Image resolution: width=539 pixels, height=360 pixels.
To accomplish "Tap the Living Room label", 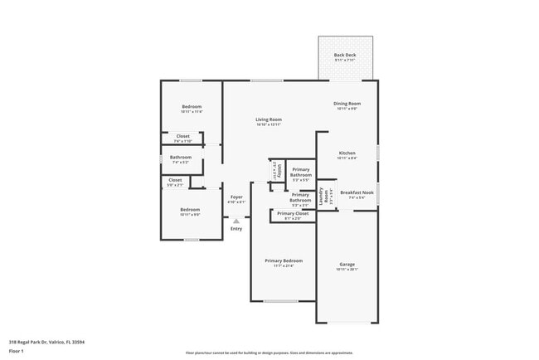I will pos(268,119).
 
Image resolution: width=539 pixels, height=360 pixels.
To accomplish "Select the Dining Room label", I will pos(347,104).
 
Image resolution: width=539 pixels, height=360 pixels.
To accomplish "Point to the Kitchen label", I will pos(347,153).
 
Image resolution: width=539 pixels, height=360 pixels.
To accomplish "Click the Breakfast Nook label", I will pos(357,192).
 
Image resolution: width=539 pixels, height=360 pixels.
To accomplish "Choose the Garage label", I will pos(347,264).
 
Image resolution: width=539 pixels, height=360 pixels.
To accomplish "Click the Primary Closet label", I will pos(293,213).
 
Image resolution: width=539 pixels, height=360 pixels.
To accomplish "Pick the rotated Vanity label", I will pos(278,170).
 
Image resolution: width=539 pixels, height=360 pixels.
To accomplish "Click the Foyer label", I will pos(236,197).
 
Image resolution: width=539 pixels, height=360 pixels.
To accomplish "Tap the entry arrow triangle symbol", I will pos(236,221).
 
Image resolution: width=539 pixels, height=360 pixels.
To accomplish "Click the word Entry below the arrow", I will pos(236,229).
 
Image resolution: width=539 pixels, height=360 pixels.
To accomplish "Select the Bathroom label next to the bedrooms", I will pos(181,157).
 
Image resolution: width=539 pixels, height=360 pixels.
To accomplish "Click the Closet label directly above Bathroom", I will pos(182,136).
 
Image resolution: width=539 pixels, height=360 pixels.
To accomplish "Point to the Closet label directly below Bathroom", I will pos(175,180).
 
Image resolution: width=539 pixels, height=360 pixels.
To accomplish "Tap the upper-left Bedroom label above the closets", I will pos(192,106).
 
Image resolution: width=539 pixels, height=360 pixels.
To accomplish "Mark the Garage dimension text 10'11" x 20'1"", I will pos(347,269).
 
